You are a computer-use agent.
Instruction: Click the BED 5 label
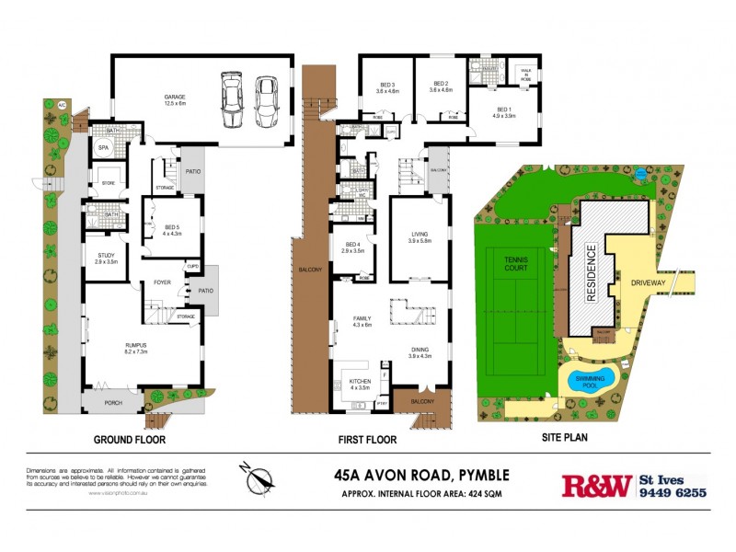pos(172,226)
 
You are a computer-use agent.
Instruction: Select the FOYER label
pos(163,282)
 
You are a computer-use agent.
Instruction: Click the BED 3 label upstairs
pos(385,84)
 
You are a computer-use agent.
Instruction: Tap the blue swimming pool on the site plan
pos(588,379)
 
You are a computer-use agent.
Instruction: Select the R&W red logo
pos(596,485)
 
